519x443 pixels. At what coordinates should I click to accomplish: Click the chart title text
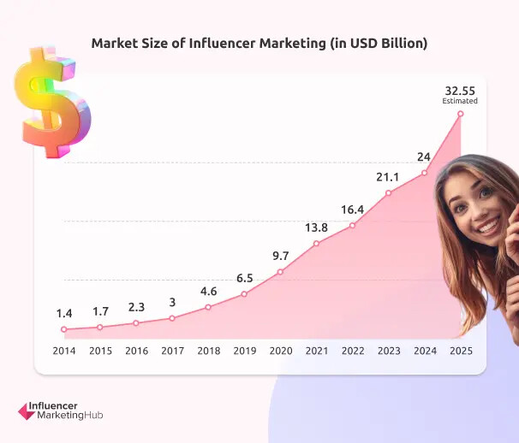click(x=259, y=43)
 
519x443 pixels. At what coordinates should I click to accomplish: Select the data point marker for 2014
click(x=63, y=329)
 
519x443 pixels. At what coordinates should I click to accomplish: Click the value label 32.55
click(x=460, y=89)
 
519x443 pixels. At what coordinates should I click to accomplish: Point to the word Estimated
click(x=460, y=101)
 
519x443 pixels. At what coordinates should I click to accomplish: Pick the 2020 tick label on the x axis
click(x=280, y=351)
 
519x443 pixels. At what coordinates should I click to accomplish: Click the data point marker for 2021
click(x=316, y=244)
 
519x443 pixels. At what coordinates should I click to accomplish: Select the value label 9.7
click(x=280, y=255)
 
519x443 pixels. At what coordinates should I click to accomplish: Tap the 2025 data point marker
click(x=461, y=113)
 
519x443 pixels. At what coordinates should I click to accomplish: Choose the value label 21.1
click(x=388, y=176)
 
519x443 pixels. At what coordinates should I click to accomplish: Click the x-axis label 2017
click(x=172, y=351)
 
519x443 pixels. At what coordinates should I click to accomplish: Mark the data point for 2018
click(x=208, y=307)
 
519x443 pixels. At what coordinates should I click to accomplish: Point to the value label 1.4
click(x=63, y=312)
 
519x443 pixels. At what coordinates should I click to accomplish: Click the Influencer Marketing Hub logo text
click(x=69, y=410)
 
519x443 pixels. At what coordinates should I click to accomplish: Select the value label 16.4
click(x=352, y=209)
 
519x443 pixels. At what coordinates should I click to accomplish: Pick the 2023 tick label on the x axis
click(x=388, y=351)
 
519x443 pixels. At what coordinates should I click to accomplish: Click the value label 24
click(x=424, y=157)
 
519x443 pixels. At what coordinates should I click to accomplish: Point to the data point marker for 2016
click(x=135, y=323)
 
